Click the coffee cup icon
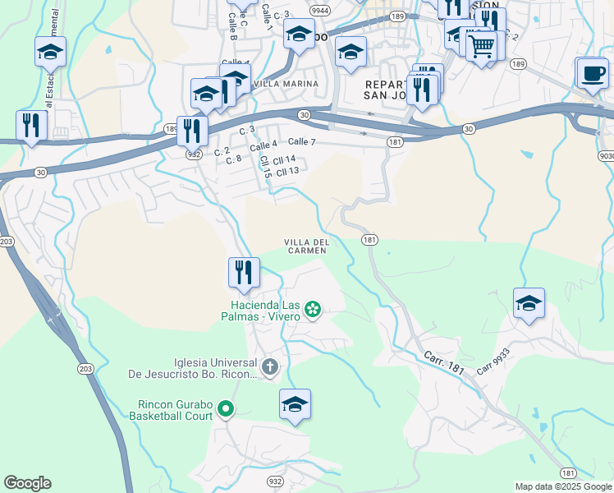[x=593, y=73]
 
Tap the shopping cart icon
[x=481, y=44]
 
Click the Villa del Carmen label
[x=307, y=246]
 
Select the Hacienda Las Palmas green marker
[x=313, y=309]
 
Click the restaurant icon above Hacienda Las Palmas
[x=244, y=272]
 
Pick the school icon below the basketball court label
[x=295, y=403]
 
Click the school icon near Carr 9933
[x=529, y=302]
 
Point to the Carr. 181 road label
[x=444, y=362]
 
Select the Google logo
[x=27, y=483]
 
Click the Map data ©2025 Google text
[x=564, y=486]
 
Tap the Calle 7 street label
[x=302, y=142]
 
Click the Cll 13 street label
[x=286, y=171]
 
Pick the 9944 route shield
[x=321, y=11]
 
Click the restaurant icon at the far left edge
[x=32, y=125]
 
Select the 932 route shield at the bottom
[x=275, y=480]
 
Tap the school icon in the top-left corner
[x=51, y=52]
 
